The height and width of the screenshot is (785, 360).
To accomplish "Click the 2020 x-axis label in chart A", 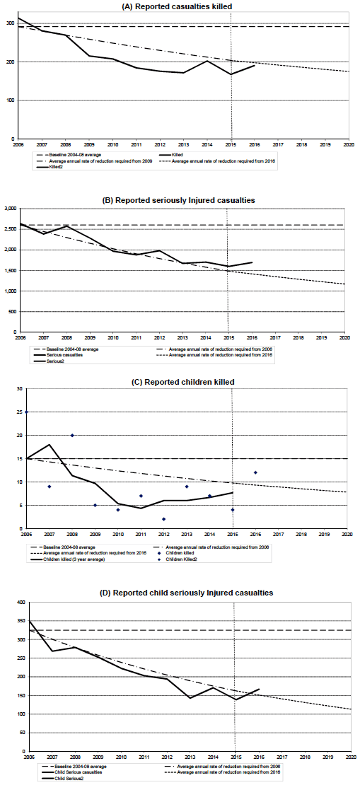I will (x=347, y=144).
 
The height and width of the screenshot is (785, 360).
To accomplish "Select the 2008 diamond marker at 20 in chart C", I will (x=72, y=435).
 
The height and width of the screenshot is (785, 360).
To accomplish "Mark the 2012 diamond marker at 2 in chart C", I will (x=164, y=519).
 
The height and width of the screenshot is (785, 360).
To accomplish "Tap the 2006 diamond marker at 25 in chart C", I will (x=26, y=412).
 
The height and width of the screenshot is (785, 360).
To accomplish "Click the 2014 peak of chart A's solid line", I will (x=208, y=61).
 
